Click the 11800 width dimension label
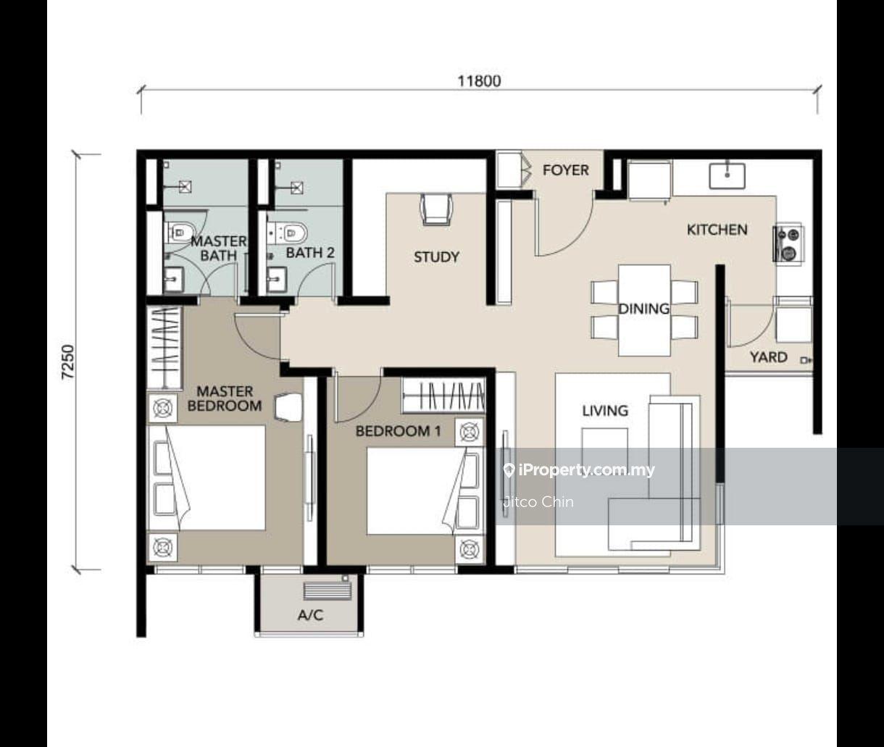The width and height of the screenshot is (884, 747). [x=479, y=81]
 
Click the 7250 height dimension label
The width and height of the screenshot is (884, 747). [x=68, y=362]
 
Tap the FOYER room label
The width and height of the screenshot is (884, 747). [x=566, y=170]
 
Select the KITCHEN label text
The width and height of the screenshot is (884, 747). [x=717, y=230]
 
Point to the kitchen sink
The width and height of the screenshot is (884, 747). [x=727, y=176]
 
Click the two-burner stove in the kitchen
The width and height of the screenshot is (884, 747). [x=788, y=244]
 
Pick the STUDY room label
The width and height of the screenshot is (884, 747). [x=436, y=257]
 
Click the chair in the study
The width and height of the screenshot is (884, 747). [x=436, y=209]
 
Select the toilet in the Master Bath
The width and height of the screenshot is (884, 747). [x=180, y=233]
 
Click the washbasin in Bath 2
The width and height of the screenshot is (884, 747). [x=278, y=279]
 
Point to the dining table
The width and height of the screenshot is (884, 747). [x=644, y=310]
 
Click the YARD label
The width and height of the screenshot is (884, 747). [x=768, y=357]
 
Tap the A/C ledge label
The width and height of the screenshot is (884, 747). [x=311, y=615]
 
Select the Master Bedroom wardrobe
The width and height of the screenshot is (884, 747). [x=164, y=347]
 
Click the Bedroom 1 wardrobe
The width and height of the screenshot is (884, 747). [x=443, y=395]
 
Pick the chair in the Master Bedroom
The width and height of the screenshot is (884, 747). [x=288, y=408]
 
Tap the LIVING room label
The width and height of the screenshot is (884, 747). [x=605, y=410]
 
